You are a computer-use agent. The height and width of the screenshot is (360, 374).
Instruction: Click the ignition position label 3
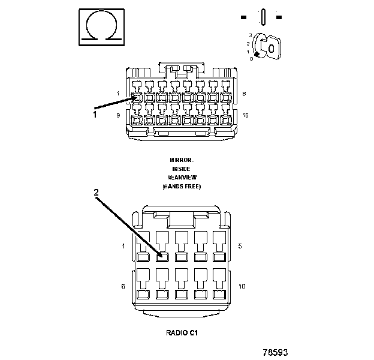point(250,36)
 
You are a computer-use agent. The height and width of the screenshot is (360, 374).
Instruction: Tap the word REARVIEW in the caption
point(181,178)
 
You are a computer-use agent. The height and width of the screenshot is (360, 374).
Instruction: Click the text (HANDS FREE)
point(181,187)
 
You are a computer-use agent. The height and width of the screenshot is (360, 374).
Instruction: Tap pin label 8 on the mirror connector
point(245,94)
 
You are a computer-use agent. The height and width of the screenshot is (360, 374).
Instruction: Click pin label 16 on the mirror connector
point(245,115)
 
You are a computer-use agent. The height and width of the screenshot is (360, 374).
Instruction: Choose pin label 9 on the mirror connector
point(118,115)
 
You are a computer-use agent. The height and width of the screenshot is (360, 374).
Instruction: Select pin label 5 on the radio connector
point(240,246)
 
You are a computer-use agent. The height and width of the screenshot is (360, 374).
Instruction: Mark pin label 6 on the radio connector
point(123,286)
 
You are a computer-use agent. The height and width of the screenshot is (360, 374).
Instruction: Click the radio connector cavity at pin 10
point(218,295)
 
